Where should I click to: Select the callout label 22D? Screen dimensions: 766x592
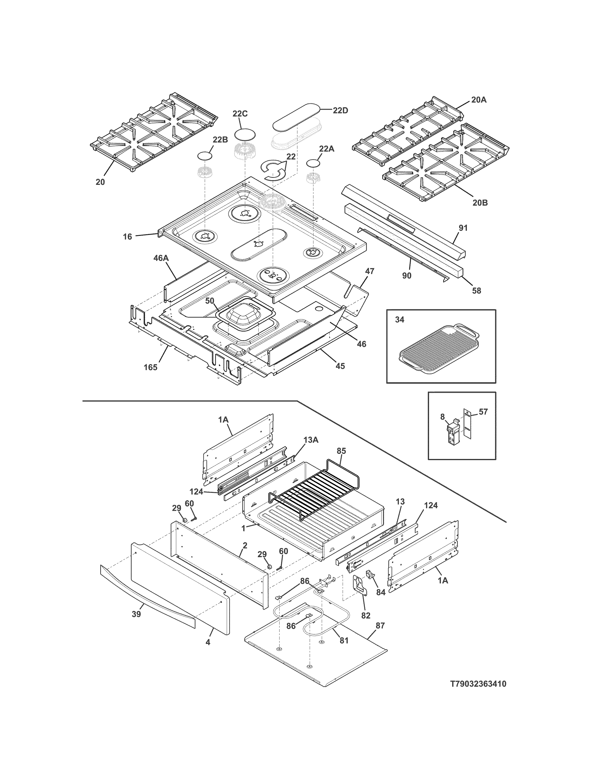click(x=340, y=110)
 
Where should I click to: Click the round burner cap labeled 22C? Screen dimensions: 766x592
click(x=244, y=135)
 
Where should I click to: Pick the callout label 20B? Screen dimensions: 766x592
click(x=480, y=202)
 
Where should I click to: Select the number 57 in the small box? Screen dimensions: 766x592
click(x=483, y=412)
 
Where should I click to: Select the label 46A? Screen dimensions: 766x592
click(x=161, y=258)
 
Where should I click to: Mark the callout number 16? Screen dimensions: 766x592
click(x=127, y=237)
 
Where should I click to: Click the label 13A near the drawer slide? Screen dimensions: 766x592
click(x=311, y=440)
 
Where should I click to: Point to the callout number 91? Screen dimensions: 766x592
click(x=463, y=228)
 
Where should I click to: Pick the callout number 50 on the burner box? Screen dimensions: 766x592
click(x=209, y=301)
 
